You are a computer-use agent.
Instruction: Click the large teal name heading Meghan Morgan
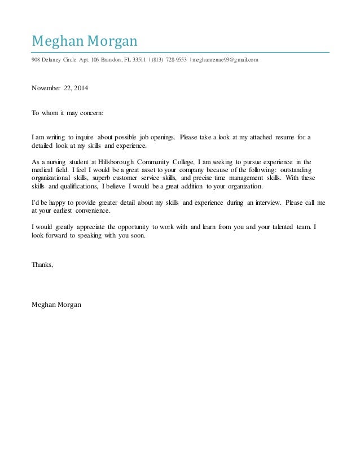[x=84, y=41]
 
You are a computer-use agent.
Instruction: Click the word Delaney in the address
[x=53, y=60]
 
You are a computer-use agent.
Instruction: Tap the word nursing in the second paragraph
[x=55, y=161]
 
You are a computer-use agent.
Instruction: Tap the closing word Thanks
[x=42, y=263]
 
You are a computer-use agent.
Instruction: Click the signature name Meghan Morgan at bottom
[x=56, y=305]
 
